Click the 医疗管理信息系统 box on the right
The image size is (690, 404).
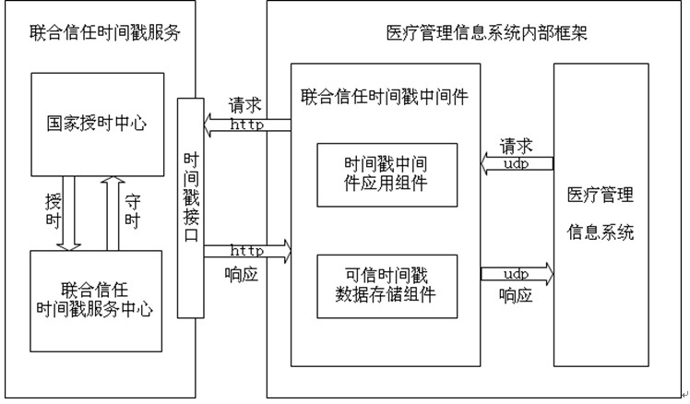600,214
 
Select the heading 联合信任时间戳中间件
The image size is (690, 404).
382,93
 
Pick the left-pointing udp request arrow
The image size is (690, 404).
517,163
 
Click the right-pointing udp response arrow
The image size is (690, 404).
517,274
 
